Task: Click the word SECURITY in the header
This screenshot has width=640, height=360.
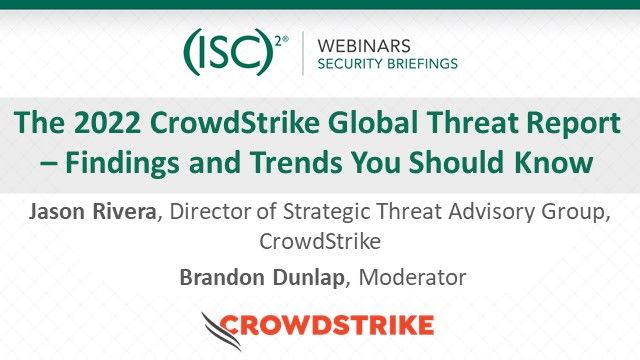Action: (x=349, y=63)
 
